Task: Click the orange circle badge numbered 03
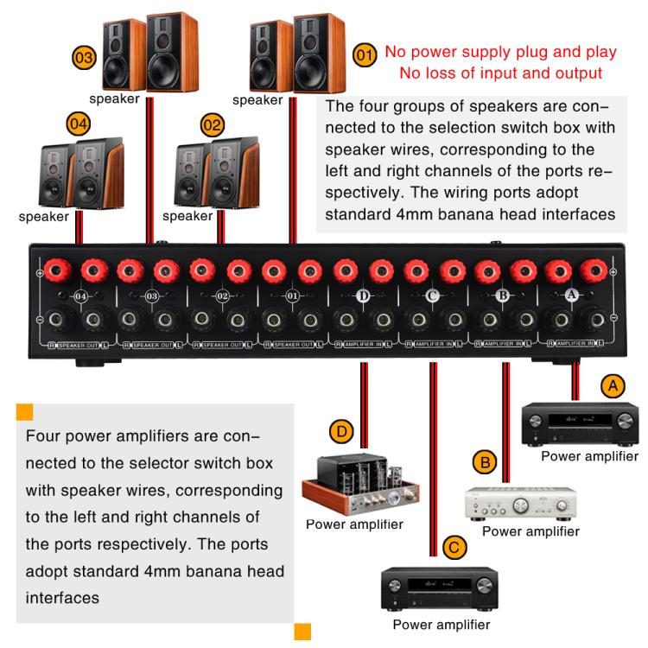(84, 59)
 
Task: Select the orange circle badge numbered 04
(79, 124)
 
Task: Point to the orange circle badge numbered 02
(212, 124)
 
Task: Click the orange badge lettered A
(613, 386)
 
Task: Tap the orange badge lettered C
(454, 547)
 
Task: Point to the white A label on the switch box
(571, 295)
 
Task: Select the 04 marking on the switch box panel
(81, 296)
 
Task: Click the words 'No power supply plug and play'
(500, 53)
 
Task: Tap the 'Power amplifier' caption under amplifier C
(441, 624)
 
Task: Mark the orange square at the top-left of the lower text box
(24, 410)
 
